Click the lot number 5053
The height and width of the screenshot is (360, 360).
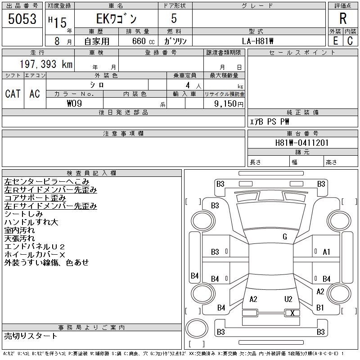click(x=22, y=19)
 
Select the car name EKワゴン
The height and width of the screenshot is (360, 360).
click(x=116, y=19)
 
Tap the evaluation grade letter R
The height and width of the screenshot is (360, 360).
click(x=343, y=19)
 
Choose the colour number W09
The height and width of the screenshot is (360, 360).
click(x=74, y=103)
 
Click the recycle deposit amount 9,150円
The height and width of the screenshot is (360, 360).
click(x=229, y=103)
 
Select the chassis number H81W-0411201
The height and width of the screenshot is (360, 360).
click(x=302, y=143)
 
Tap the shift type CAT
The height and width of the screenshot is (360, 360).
click(x=13, y=94)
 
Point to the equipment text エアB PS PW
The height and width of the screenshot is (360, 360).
click(x=270, y=121)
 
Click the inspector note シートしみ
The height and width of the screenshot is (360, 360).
click(x=23, y=214)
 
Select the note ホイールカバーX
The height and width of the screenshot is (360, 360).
click(x=35, y=254)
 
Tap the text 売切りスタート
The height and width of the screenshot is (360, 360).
click(x=31, y=336)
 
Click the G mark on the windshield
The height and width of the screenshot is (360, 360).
click(x=285, y=237)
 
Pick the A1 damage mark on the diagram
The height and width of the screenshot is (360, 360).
click(x=327, y=252)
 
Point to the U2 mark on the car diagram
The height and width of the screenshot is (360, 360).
click(x=288, y=299)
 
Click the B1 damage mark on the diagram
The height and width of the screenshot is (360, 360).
click(x=320, y=308)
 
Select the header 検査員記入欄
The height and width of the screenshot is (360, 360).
click(x=92, y=173)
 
